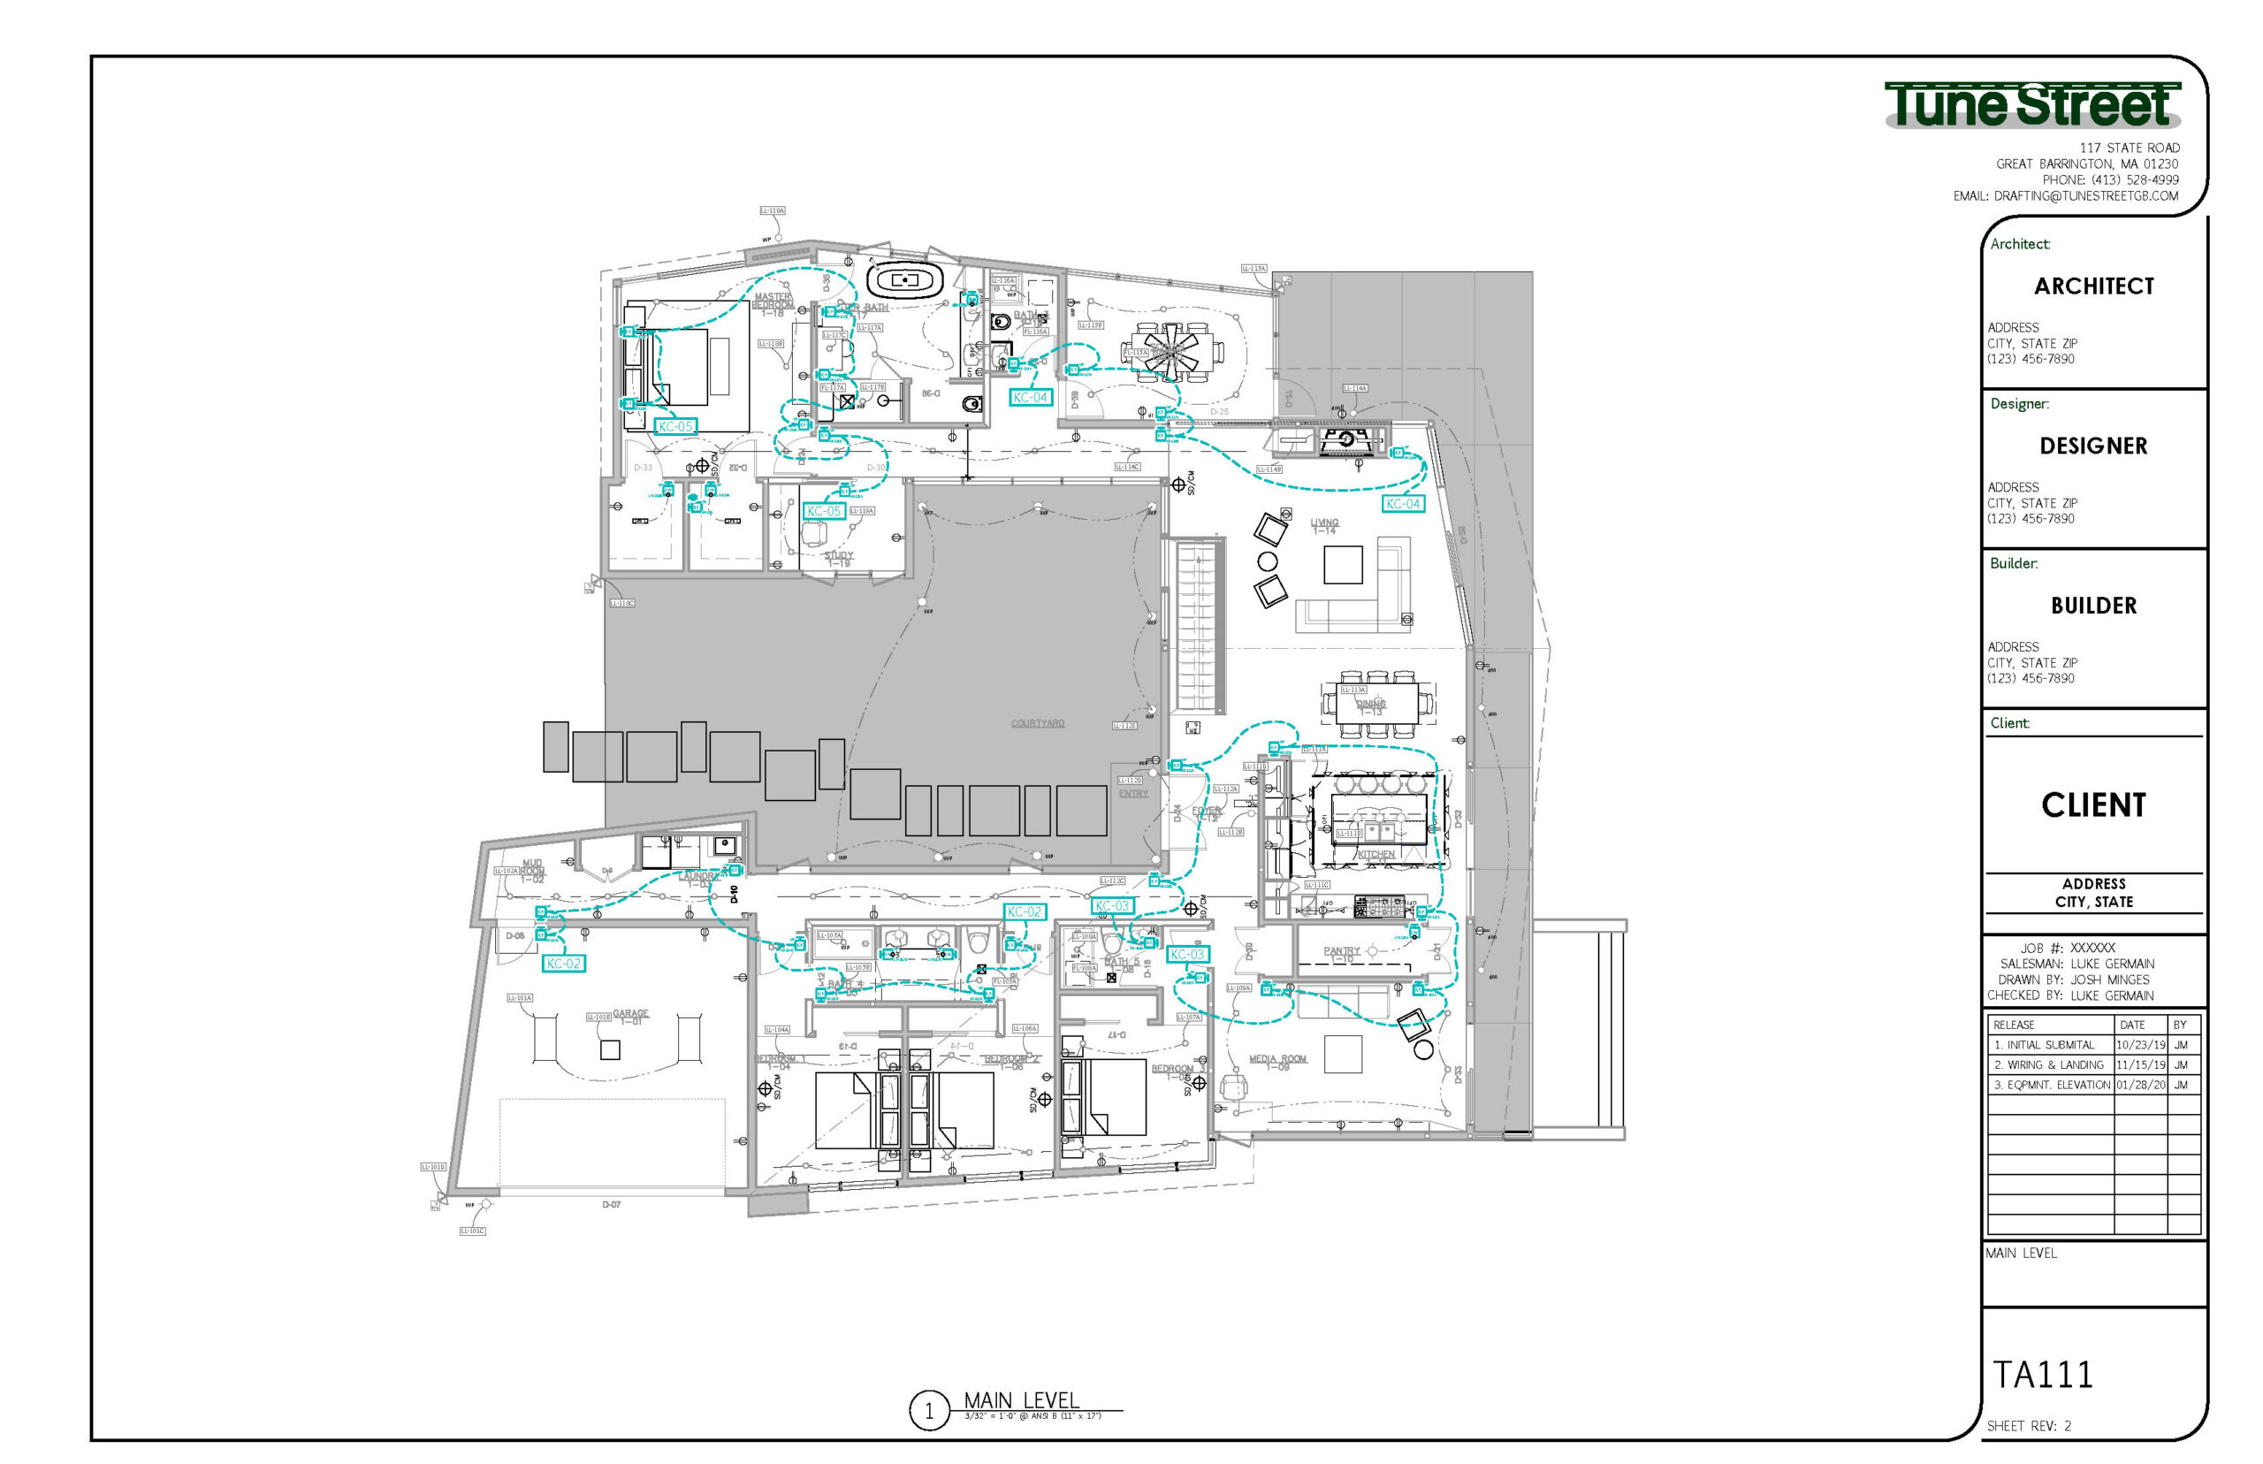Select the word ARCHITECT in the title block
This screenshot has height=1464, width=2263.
coord(2093,286)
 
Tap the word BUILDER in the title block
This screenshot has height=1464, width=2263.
coord(2093,606)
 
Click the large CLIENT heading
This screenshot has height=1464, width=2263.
coord(2093,805)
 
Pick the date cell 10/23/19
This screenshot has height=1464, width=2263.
coord(2139,1045)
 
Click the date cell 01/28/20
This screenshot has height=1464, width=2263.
coord(2139,1085)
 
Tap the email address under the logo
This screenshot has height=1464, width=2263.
coord(2065,196)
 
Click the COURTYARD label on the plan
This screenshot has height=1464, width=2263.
coord(1037,723)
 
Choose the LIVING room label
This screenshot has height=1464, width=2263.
coord(1324,526)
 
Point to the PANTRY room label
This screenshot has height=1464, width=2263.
coord(1341,952)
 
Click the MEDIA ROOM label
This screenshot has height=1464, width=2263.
coord(1277,1061)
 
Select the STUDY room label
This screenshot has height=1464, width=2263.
coord(838,558)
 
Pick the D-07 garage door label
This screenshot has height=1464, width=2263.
coord(611,1204)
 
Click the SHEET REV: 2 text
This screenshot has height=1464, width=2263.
coord(2028,1426)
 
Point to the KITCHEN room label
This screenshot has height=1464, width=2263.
coord(1375,855)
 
